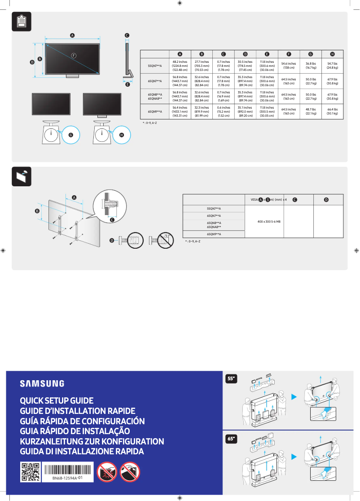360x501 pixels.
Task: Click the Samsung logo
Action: (x=42, y=384)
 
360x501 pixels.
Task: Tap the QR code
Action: (x=30, y=472)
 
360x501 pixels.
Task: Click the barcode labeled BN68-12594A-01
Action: (x=67, y=469)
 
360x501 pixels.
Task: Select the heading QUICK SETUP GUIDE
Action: (x=57, y=400)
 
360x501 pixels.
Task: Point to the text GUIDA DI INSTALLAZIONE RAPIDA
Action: (x=82, y=452)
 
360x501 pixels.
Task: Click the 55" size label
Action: (x=231, y=379)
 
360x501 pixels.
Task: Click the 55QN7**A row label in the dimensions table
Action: (x=155, y=66)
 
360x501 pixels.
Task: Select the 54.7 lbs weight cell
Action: (x=332, y=66)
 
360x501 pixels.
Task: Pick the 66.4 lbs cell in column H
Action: (x=332, y=111)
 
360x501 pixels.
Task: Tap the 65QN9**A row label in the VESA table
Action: (x=214, y=234)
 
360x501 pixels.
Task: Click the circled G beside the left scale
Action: (x=70, y=135)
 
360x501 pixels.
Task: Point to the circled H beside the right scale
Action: (x=121, y=135)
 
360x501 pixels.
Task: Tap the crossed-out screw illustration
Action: (x=162, y=240)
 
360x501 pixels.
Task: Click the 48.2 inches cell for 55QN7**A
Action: (x=180, y=66)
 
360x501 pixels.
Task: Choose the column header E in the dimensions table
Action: (x=267, y=54)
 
